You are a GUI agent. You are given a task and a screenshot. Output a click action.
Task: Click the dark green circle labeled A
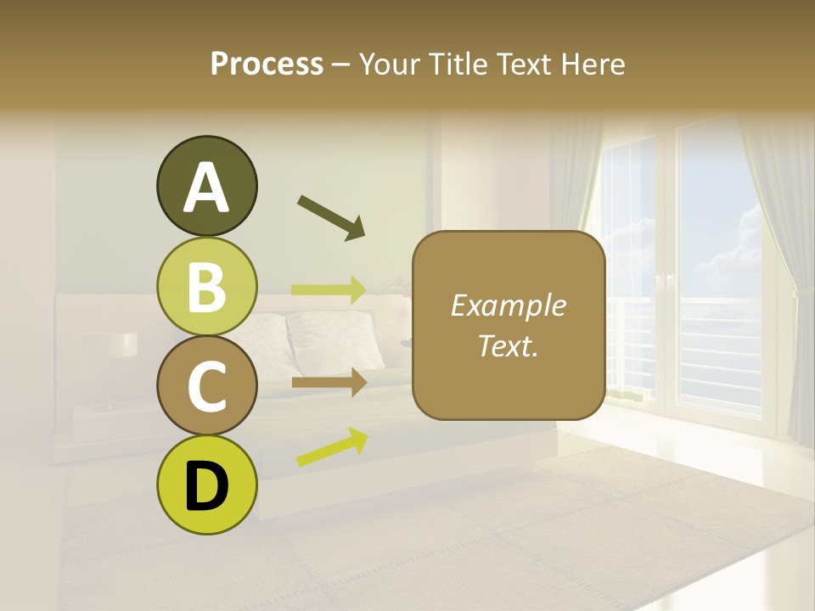click(206, 187)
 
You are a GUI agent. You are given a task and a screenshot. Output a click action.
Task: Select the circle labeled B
click(206, 287)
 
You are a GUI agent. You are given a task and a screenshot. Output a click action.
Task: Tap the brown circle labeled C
click(206, 386)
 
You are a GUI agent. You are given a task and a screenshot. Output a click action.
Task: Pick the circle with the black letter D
click(206, 485)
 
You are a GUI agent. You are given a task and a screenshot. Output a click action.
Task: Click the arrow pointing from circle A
click(331, 216)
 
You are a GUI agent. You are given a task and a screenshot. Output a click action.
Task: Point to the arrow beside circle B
click(329, 289)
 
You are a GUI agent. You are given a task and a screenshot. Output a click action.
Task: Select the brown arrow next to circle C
click(329, 383)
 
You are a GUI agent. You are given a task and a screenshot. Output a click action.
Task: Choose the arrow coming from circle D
click(332, 447)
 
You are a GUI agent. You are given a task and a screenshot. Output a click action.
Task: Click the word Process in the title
click(267, 64)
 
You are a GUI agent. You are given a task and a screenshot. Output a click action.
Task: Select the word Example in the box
click(508, 305)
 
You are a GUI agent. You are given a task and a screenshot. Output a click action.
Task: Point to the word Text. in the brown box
click(508, 346)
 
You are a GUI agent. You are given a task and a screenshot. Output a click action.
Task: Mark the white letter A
click(206, 188)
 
